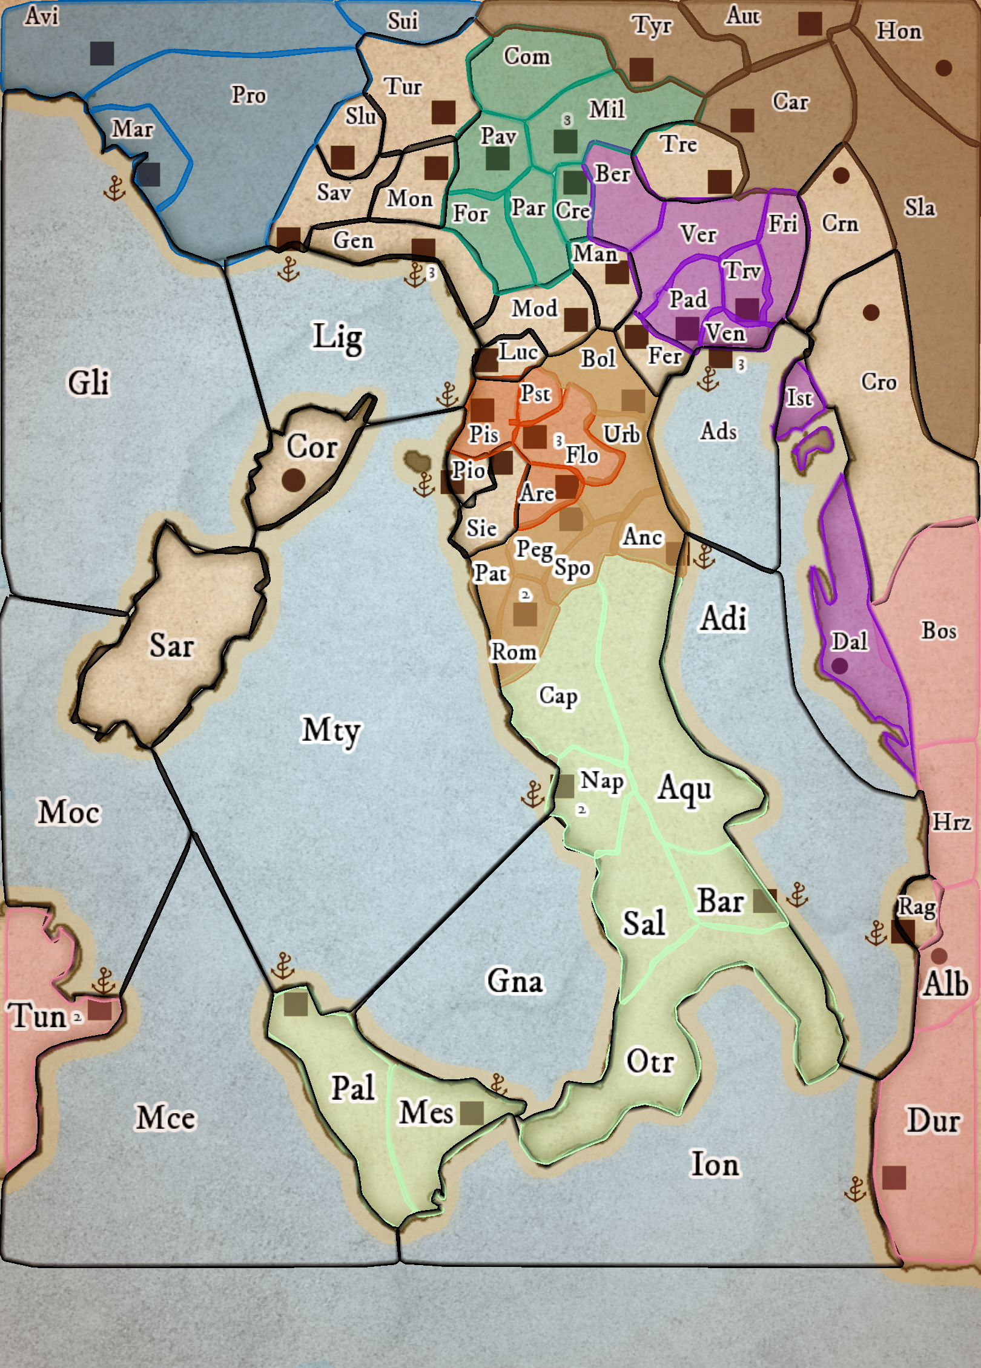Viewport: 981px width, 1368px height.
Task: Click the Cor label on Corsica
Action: pyautogui.click(x=311, y=447)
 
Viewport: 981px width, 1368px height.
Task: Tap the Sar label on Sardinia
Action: pyautogui.click(x=171, y=645)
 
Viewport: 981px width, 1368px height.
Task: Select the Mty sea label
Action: pyautogui.click(x=331, y=730)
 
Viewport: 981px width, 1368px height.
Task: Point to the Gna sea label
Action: pyautogui.click(x=515, y=981)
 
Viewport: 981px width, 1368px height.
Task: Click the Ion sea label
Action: pyautogui.click(x=715, y=1165)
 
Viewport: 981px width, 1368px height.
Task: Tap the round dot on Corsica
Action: pyautogui.click(x=294, y=480)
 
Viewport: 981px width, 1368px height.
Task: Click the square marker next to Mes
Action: pyautogui.click(x=472, y=1113)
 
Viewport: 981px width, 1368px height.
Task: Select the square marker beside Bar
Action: pyautogui.click(x=764, y=901)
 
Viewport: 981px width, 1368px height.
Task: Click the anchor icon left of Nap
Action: pyautogui.click(x=533, y=794)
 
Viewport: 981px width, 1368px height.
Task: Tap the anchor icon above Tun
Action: pyautogui.click(x=104, y=981)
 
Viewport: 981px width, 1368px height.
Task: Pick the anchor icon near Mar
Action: pyautogui.click(x=114, y=189)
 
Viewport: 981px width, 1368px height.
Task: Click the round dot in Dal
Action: pyautogui.click(x=839, y=666)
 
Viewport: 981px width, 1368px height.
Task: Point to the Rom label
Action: pyautogui.click(x=514, y=652)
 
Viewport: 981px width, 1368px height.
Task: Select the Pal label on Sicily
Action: pyautogui.click(x=353, y=1088)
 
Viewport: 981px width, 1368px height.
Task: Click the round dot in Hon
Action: pyautogui.click(x=943, y=68)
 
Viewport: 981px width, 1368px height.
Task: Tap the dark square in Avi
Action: pyautogui.click(x=102, y=53)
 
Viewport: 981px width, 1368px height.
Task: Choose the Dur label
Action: pyautogui.click(x=933, y=1120)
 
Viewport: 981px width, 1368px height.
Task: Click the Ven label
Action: pyautogui.click(x=725, y=333)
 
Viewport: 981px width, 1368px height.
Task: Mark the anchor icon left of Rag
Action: pyautogui.click(x=876, y=933)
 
